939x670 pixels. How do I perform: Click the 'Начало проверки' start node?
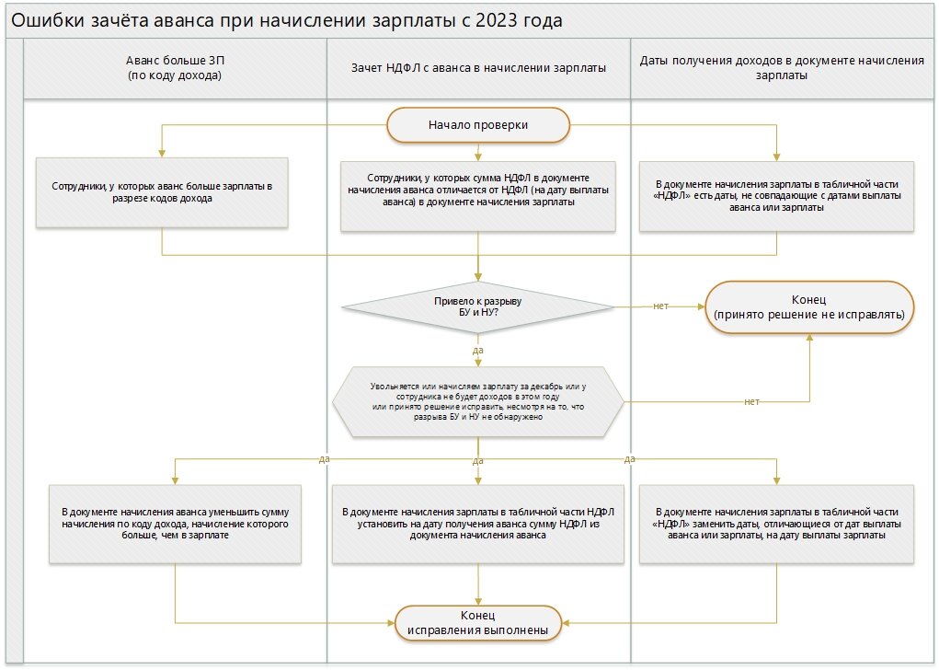point(477,124)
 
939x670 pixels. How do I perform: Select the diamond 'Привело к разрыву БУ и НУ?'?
point(477,306)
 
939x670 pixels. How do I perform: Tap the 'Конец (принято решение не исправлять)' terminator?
point(809,307)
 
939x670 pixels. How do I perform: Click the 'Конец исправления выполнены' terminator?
point(477,622)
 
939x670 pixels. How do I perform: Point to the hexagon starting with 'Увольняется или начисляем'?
point(477,401)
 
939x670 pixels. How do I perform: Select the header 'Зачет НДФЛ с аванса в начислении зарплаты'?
point(478,68)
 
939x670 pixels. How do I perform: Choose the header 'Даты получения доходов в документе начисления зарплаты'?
point(781,68)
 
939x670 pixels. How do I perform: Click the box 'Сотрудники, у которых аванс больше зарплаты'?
point(162,191)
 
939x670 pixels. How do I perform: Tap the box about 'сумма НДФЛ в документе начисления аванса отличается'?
point(477,195)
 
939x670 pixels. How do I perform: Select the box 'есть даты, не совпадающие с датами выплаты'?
point(777,195)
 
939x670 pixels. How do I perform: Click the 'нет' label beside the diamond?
point(659,306)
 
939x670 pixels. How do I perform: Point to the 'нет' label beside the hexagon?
point(751,401)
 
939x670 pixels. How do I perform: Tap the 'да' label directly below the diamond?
point(477,351)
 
